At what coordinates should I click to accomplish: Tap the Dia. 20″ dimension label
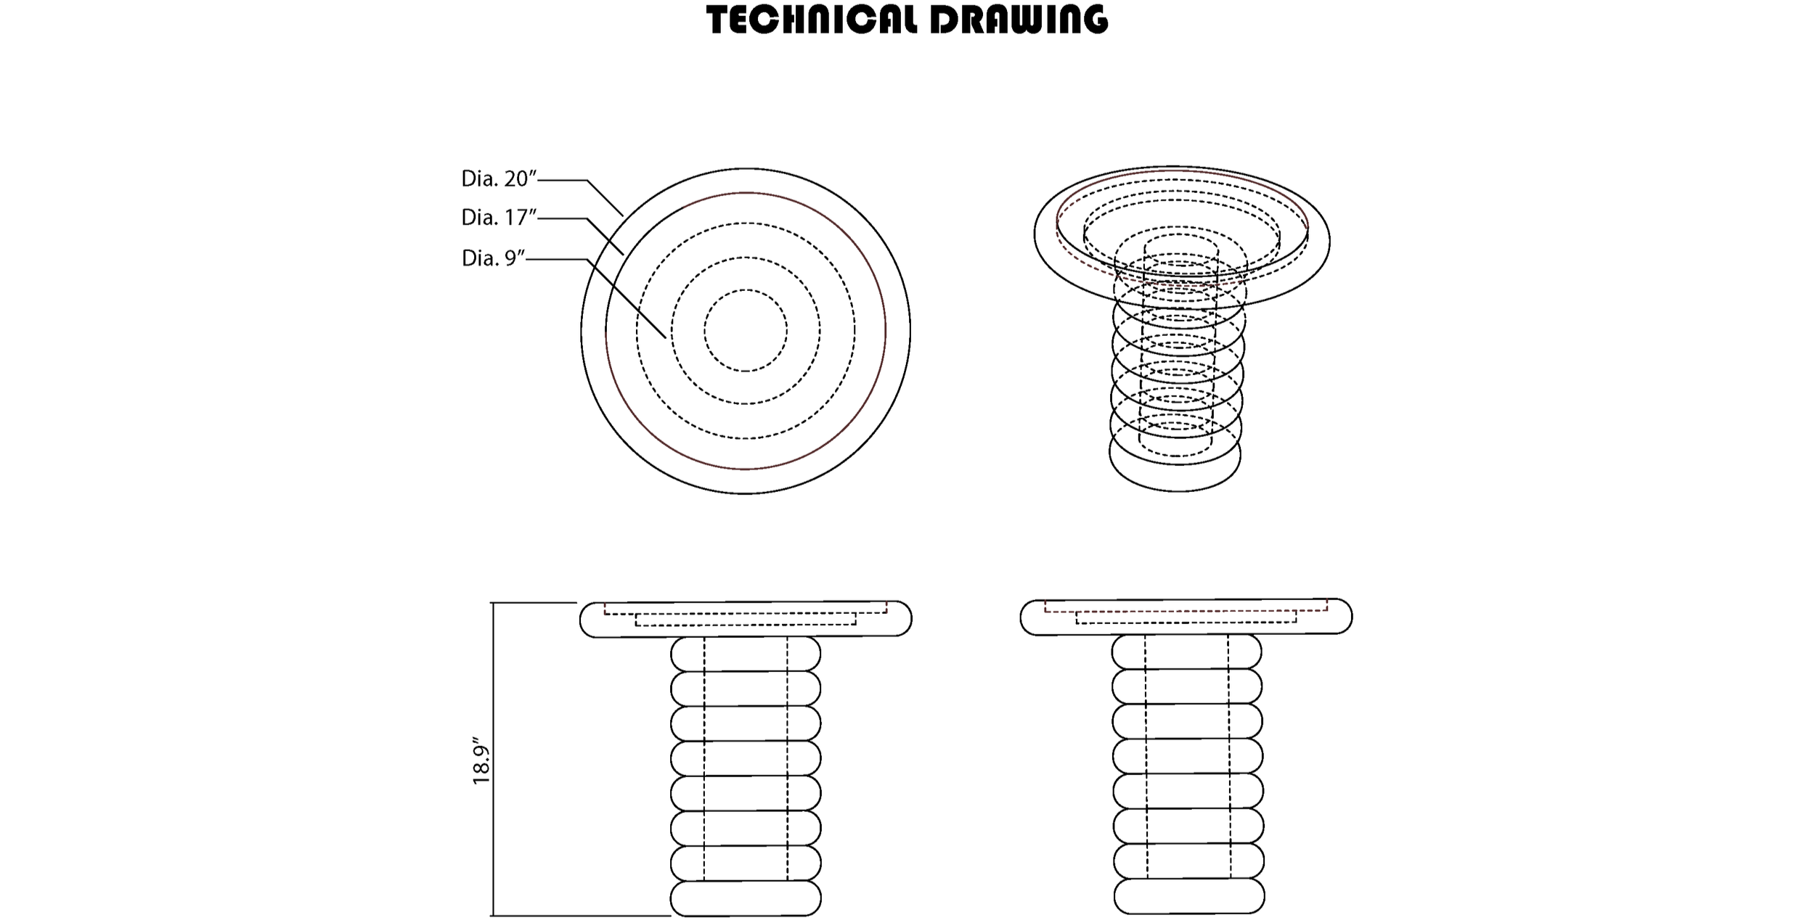click(498, 179)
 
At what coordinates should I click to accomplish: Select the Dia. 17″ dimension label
click(498, 217)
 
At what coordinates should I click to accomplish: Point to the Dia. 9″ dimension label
click(493, 258)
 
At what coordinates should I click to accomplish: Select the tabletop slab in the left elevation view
click(746, 628)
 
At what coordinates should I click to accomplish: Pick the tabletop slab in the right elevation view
click(1186, 625)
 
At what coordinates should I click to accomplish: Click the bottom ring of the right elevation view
click(1189, 895)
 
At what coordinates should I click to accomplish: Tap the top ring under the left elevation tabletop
click(746, 654)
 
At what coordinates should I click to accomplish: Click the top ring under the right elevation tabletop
click(1186, 652)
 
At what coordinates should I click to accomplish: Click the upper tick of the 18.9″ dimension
click(534, 603)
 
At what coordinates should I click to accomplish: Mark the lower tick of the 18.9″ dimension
click(581, 915)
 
